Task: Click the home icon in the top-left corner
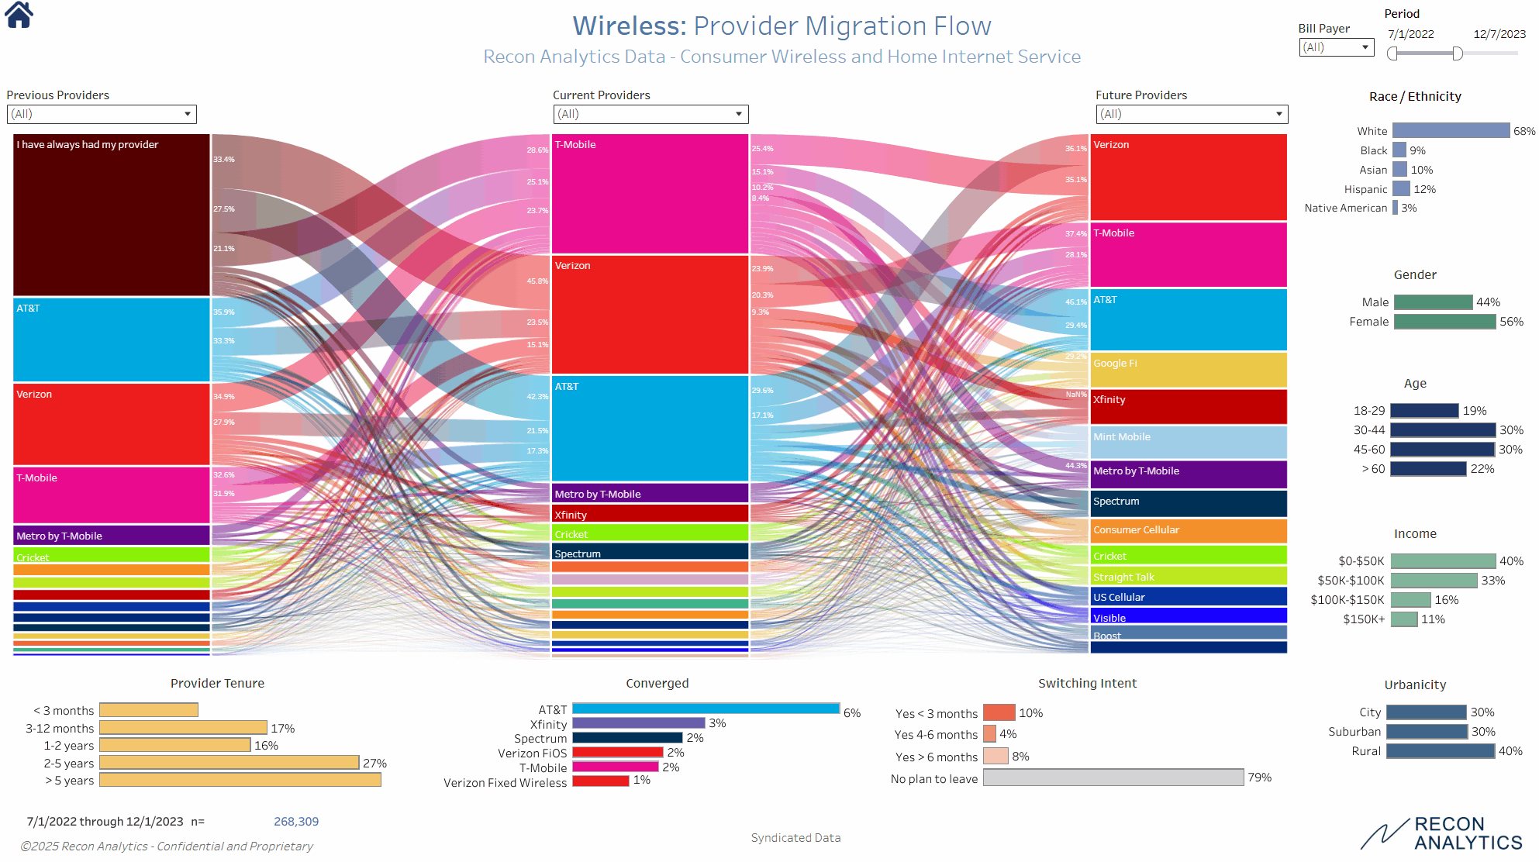click(x=19, y=15)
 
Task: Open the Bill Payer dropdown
click(x=1336, y=47)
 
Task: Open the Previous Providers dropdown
click(x=102, y=114)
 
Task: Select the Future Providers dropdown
click(x=1192, y=114)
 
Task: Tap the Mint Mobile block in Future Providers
click(x=1188, y=442)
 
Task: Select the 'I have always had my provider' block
click(x=112, y=215)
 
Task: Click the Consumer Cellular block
click(x=1188, y=531)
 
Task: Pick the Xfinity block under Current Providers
click(x=650, y=514)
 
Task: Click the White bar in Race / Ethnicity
click(x=1451, y=131)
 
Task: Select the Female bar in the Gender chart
click(x=1444, y=322)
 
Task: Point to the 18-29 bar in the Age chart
click(x=1424, y=411)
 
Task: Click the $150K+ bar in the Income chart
click(x=1404, y=619)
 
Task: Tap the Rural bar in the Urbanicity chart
click(x=1440, y=751)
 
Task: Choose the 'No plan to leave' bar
click(x=1113, y=778)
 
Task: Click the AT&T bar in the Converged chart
click(x=706, y=709)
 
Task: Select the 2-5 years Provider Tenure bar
click(x=229, y=763)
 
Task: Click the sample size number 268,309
click(x=296, y=822)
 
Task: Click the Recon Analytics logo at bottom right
click(x=1442, y=834)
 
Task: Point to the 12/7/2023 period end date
click(x=1499, y=34)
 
